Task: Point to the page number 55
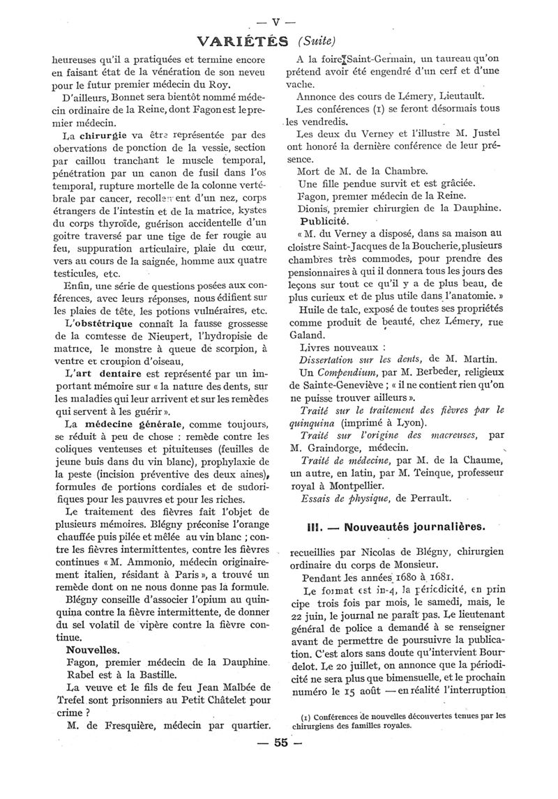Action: [x=281, y=762]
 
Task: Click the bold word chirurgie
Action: [x=103, y=135]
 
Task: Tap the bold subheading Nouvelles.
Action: [x=87, y=648]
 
